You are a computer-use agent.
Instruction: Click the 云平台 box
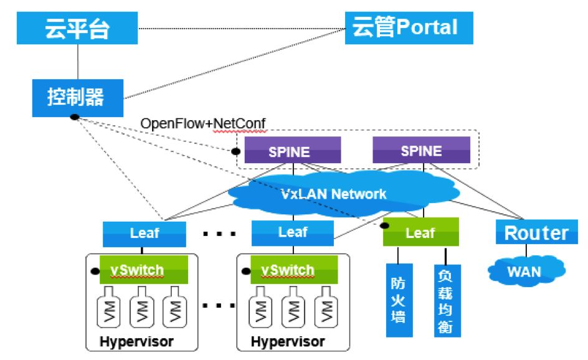pos(77,28)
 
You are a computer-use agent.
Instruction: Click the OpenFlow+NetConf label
pos(203,123)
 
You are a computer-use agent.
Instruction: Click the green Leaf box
pos(421,232)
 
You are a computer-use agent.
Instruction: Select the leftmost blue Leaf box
pos(145,233)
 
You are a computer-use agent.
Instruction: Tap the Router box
pos(536,233)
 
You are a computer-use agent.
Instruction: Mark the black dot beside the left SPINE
pos(235,151)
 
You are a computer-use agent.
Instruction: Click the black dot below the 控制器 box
pos(74,118)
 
